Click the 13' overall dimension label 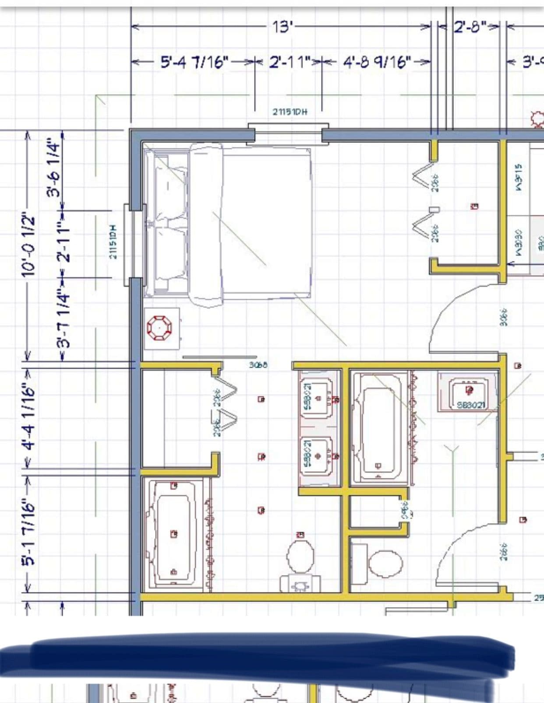click(282, 27)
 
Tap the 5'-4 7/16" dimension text click(195, 62)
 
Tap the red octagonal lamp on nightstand click(159, 328)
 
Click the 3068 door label click(258, 364)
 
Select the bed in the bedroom click(250, 223)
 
